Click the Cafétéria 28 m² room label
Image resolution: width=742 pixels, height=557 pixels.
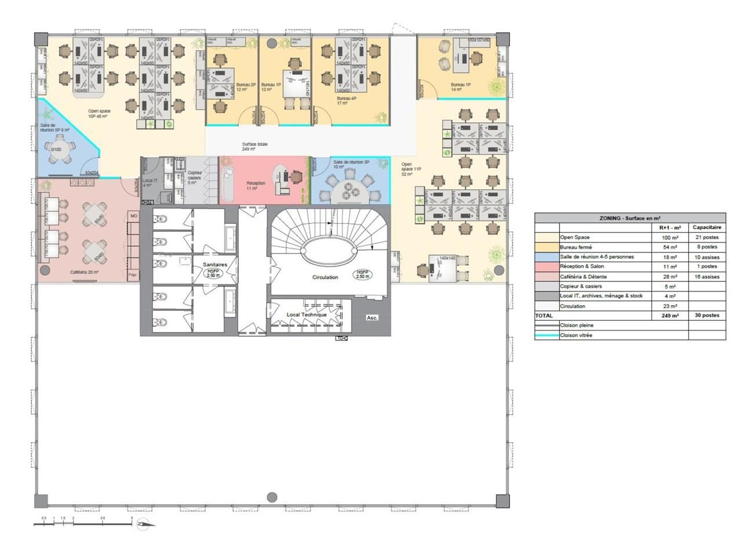point(85,272)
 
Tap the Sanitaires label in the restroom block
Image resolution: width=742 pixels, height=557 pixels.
point(214,265)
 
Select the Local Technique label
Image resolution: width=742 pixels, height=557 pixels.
point(307,314)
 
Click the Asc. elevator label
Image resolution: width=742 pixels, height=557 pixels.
point(372,318)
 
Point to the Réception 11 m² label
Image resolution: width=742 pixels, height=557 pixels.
point(256,186)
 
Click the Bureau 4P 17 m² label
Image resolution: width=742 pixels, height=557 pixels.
point(346,102)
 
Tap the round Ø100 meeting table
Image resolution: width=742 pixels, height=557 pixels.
point(56,150)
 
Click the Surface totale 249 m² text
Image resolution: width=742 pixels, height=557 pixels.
point(254,146)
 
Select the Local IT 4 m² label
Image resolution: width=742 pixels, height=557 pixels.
point(149,183)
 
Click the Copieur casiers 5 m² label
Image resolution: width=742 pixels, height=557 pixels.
point(194,178)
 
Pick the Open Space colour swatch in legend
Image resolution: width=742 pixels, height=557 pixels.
point(547,237)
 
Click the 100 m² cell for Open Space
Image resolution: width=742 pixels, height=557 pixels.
point(670,237)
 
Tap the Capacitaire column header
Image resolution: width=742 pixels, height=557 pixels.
point(707,227)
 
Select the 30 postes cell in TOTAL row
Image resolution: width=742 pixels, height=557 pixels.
point(707,316)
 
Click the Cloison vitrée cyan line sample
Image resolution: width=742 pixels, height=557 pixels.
point(547,335)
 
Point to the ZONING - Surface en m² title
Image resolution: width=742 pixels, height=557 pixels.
point(630,218)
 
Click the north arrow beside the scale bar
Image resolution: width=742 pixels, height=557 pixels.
point(144,525)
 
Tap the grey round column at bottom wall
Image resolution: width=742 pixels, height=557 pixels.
point(272,497)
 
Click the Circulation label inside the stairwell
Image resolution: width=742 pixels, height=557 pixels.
point(325,277)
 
